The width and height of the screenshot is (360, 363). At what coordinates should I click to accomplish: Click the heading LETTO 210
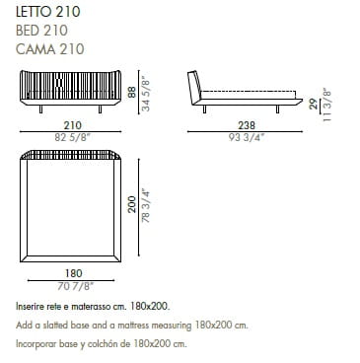48,12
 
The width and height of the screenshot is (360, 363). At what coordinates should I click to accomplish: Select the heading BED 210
41,31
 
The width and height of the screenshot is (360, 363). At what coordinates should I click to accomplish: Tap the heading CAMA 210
50,49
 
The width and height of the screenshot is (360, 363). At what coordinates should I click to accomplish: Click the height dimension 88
131,92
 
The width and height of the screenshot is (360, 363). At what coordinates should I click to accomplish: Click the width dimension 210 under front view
73,125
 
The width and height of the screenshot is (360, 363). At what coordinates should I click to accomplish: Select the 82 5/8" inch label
72,137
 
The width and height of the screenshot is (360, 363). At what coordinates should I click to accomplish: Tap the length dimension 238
247,125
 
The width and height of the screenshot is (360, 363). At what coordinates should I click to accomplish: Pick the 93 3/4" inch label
247,137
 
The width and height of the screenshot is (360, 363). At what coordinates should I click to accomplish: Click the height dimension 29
314,104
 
